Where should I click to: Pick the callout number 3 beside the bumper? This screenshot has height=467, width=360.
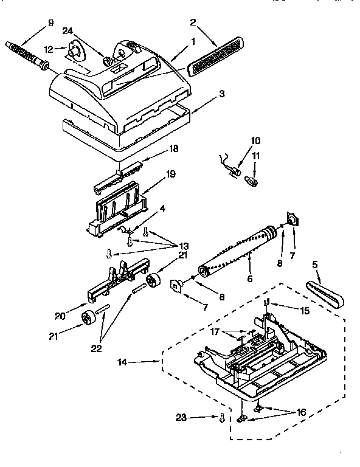tap(223, 94)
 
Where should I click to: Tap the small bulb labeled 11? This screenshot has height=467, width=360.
tap(251, 181)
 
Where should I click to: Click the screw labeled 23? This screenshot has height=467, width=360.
tap(223, 418)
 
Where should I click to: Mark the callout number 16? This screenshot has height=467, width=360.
tap(301, 412)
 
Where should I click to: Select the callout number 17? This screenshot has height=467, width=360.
tap(215, 331)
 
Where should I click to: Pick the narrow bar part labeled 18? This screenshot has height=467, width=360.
tap(123, 173)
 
